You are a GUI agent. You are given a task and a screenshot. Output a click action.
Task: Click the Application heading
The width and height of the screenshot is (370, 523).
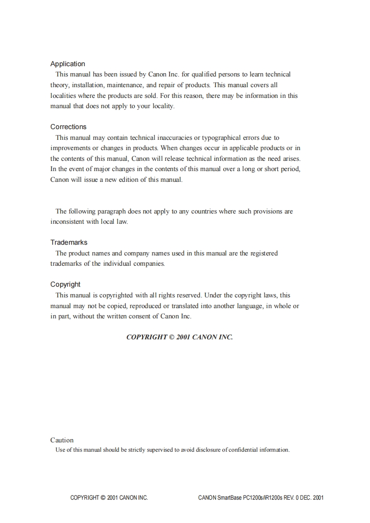68,64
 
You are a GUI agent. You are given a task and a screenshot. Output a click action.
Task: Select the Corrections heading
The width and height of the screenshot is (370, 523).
69,127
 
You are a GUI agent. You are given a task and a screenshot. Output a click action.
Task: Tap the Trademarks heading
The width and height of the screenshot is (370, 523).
69,242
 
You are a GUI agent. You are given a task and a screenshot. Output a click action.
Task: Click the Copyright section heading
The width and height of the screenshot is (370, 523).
65,284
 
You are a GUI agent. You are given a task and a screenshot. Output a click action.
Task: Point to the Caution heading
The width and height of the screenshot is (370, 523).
62,440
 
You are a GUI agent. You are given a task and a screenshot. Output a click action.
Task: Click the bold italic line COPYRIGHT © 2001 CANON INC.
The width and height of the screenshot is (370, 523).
180,337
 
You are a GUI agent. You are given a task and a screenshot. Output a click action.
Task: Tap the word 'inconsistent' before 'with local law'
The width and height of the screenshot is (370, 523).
67,222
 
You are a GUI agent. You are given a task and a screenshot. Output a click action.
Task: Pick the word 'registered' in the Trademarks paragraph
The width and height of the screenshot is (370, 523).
264,253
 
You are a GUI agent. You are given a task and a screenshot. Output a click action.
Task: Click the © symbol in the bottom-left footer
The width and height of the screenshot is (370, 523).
103,498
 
